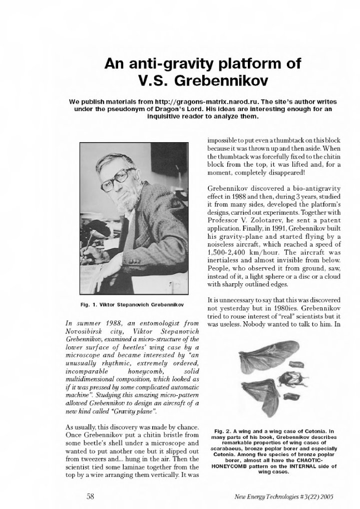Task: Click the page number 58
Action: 91,496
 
